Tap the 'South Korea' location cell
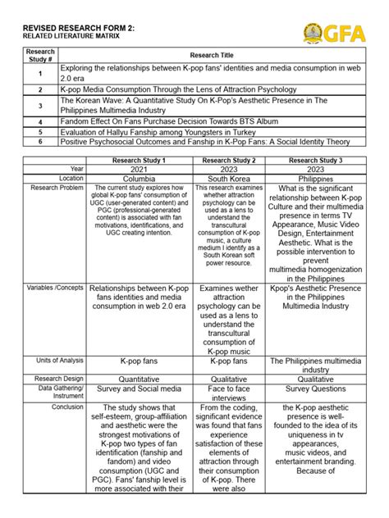pos(228,178)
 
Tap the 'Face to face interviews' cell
pos(228,394)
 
